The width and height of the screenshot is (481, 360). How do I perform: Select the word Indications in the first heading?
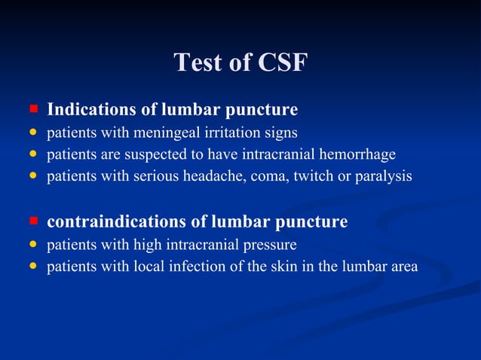(x=91, y=110)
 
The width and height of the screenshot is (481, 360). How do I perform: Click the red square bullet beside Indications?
(x=33, y=110)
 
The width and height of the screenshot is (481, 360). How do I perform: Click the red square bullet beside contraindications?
(x=33, y=221)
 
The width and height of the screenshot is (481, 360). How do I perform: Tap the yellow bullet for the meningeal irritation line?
(x=33, y=133)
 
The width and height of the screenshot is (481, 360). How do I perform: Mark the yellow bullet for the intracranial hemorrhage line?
(x=33, y=155)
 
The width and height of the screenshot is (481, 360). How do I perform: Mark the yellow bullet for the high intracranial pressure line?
(x=33, y=245)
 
